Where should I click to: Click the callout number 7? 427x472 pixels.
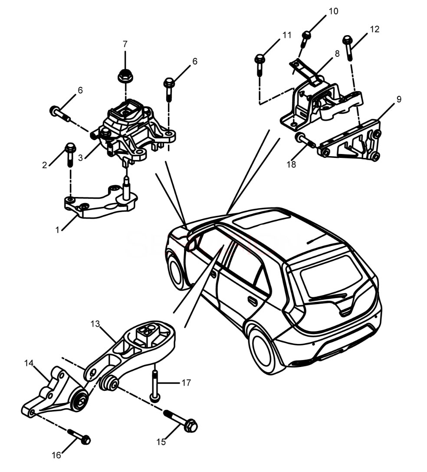click(x=125, y=44)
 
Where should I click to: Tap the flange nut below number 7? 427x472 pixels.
click(x=125, y=76)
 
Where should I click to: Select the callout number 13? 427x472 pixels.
click(x=95, y=324)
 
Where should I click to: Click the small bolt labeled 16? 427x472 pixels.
click(x=79, y=436)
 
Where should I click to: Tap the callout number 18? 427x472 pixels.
click(x=292, y=164)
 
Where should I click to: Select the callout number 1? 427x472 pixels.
click(x=57, y=230)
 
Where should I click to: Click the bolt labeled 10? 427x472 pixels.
click(x=305, y=38)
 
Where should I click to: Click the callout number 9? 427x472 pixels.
click(x=399, y=99)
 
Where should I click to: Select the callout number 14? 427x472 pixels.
click(x=29, y=364)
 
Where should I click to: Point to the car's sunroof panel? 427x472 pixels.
click(x=262, y=218)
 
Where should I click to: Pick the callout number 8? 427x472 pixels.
click(x=337, y=54)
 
